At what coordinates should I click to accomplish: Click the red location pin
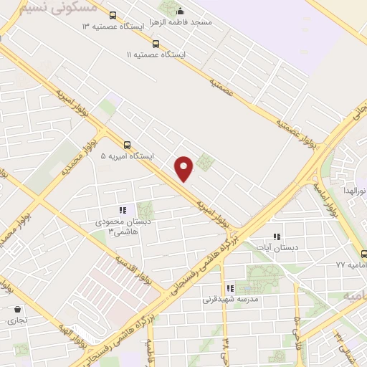[x=185, y=167]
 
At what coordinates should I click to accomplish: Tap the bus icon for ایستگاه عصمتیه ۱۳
[x=113, y=15]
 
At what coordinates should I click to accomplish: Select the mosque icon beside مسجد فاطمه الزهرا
[x=180, y=11]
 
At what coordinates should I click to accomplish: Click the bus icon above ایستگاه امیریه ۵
[x=128, y=143]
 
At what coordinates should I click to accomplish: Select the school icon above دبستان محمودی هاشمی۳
[x=123, y=210]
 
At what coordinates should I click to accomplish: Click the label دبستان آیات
[x=277, y=247]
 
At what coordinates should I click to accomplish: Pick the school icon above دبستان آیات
[x=277, y=236]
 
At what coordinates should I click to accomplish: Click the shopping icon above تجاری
[x=17, y=309]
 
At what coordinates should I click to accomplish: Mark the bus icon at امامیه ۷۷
[x=363, y=253]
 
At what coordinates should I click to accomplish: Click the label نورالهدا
[x=353, y=191]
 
